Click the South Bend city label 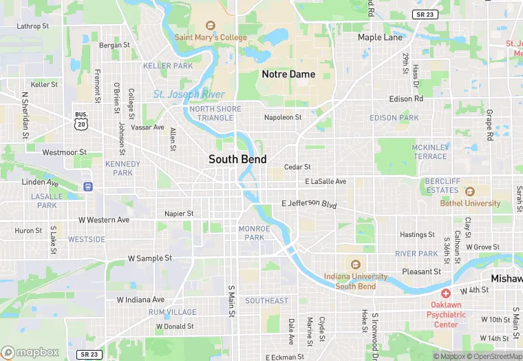coord(237,159)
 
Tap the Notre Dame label coord(288,74)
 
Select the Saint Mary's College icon coord(211,25)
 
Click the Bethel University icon coord(470,192)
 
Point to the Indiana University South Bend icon coord(356,265)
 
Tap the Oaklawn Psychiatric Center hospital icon coord(445,293)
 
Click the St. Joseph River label coord(189,94)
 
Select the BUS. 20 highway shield coord(81,121)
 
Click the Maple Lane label coord(380,37)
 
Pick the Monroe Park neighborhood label coord(251,233)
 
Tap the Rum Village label coord(172,312)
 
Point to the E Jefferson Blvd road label coord(310,204)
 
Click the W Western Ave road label coord(104,220)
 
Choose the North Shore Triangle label coord(215,114)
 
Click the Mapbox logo coord(30,352)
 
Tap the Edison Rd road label coord(406,99)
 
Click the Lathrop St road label coord(33,26)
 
